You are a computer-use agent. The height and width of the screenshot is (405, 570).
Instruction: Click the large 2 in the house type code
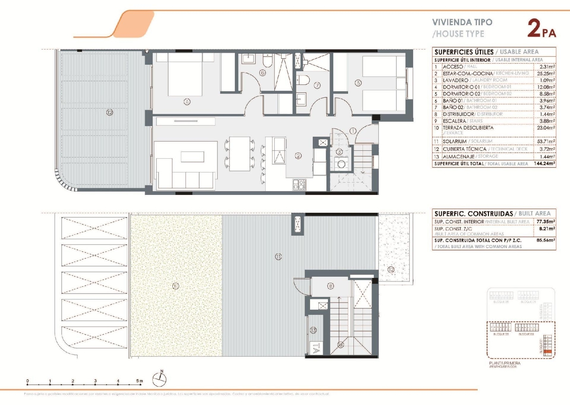coord(534,29)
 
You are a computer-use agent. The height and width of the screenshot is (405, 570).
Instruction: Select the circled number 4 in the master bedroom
coord(187,102)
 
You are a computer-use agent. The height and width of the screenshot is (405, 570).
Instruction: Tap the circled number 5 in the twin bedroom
coord(358,83)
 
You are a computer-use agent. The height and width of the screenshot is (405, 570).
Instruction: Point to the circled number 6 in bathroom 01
coord(263,73)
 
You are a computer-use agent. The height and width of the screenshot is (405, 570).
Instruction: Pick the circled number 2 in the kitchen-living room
coord(298,155)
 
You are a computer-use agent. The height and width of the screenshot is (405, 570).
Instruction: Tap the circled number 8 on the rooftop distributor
coord(331,286)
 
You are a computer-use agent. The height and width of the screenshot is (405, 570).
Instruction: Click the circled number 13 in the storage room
coord(313,330)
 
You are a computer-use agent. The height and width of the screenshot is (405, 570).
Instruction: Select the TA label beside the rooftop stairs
coord(315,348)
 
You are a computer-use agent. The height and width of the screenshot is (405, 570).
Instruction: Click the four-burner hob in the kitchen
coord(299,185)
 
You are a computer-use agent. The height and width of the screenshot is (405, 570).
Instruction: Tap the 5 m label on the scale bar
coord(139,381)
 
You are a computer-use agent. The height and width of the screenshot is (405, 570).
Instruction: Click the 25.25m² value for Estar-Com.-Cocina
coord(546,73)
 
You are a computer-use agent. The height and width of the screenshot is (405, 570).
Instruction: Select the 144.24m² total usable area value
coord(544,164)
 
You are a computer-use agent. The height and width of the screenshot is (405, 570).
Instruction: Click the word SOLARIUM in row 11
coord(455,141)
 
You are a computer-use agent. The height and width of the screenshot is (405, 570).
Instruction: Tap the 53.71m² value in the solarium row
coord(546,141)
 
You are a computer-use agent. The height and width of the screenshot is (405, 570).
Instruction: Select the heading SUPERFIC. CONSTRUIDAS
coord(473,214)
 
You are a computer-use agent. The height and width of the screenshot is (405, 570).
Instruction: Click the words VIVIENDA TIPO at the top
coord(462,22)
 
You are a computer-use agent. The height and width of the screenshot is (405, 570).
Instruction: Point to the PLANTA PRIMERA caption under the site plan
coord(505,363)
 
